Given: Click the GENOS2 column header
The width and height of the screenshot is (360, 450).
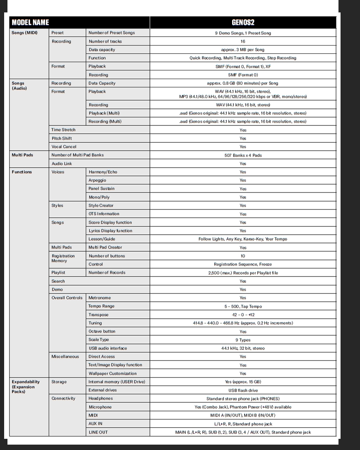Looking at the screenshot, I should click(x=243, y=22).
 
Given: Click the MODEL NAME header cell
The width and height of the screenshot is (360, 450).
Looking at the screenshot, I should click(x=30, y=22).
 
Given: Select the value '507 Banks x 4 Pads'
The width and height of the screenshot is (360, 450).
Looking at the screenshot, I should click(x=243, y=155).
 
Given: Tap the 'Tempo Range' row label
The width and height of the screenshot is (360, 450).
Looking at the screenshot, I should click(x=101, y=306).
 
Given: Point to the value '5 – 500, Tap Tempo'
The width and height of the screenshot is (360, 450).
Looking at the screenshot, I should click(x=243, y=306).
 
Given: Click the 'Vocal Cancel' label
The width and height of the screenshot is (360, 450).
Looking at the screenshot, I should click(x=64, y=147).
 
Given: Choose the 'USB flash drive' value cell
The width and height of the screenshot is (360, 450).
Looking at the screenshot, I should click(x=243, y=390).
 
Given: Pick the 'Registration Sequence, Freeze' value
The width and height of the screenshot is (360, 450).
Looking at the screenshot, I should click(x=243, y=264).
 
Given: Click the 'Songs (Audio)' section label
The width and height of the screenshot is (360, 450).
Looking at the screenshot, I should click(x=19, y=86).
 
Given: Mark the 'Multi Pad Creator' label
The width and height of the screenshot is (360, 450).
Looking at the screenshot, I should click(x=105, y=248).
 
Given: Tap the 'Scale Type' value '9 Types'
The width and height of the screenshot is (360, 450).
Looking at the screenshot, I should click(x=243, y=340).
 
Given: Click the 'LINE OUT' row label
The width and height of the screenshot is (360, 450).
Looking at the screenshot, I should click(x=98, y=432).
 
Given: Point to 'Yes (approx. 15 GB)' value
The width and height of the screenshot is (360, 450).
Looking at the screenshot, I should click(x=243, y=382).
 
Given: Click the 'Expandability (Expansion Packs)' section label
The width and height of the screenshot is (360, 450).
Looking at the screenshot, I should click(x=26, y=387).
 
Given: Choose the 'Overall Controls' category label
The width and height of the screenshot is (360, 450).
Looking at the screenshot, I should click(x=67, y=298).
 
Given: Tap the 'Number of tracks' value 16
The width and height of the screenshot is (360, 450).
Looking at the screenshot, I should click(x=243, y=41).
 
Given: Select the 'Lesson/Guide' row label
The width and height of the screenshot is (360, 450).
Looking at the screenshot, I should click(x=102, y=239).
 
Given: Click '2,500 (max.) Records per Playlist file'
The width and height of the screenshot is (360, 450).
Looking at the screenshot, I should click(x=243, y=273).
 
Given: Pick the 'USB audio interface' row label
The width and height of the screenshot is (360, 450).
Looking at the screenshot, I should click(x=108, y=348).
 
